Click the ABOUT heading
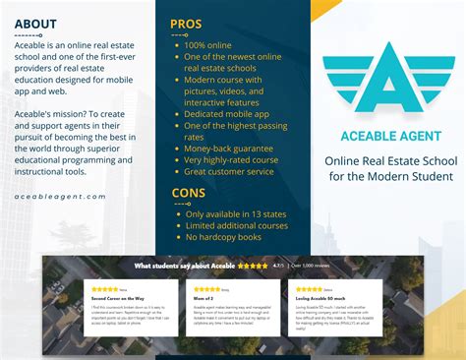35,24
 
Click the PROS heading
187,23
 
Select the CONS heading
189,193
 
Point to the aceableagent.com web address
60,196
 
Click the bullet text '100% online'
208,45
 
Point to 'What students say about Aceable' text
184,266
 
